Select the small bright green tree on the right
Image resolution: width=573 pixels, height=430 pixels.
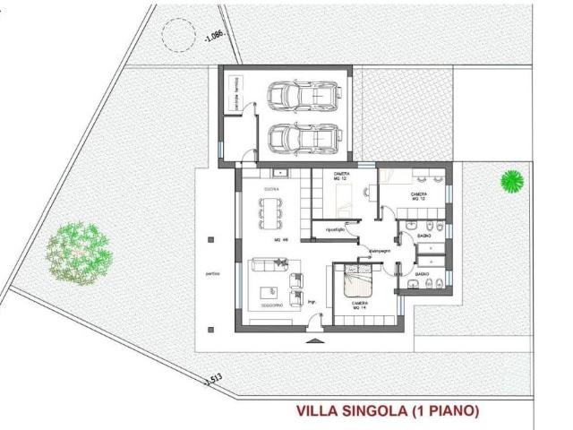(x=511, y=180)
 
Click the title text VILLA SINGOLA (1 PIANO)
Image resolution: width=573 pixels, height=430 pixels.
(x=388, y=411)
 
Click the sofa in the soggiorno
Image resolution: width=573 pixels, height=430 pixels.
(x=268, y=266)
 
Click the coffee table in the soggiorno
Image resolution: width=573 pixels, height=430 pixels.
(x=269, y=291)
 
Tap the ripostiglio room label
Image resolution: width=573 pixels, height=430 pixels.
(x=335, y=230)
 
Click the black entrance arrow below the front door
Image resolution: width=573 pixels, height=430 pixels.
(x=312, y=341)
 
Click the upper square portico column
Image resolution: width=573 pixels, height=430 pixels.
(x=210, y=239)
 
